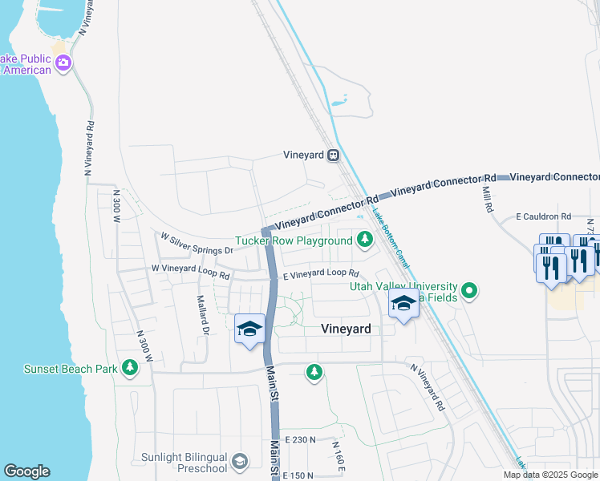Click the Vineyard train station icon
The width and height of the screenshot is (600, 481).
pos(333,156)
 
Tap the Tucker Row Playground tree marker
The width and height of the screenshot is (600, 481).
pos(365,240)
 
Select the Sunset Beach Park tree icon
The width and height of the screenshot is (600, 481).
pos(129,369)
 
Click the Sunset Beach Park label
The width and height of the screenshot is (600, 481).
pos(70,369)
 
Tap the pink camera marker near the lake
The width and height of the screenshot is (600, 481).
pos(63,63)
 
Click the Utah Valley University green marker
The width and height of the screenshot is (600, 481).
pos(470,291)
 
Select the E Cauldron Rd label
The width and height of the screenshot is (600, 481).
pos(543,216)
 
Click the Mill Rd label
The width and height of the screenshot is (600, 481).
pos(487,200)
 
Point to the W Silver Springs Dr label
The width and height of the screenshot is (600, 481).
pos(197,244)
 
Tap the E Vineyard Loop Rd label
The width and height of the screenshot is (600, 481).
pos(320,273)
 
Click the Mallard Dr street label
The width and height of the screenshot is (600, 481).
pos(203,315)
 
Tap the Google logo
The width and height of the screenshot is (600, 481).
pos(26,471)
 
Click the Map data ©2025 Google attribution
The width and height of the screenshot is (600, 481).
pos(550,475)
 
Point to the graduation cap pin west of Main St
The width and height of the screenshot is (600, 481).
pos(249,329)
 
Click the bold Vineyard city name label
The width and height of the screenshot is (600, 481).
pos(346,329)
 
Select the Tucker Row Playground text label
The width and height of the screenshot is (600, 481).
pos(294,240)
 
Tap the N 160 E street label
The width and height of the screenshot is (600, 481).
pos(339,455)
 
